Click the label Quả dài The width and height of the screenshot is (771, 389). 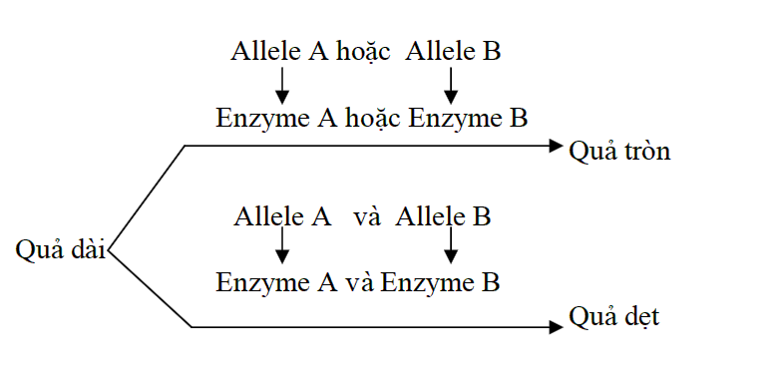61,249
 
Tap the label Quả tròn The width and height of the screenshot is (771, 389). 619,152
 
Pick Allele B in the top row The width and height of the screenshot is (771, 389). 453,52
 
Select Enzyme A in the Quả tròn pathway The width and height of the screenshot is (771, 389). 275,119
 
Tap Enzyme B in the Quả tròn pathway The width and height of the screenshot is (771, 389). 468,119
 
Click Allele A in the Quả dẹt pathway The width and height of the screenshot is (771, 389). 283,216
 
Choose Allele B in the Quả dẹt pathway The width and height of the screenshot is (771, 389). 443,216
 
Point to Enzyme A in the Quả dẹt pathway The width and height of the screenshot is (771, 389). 275,282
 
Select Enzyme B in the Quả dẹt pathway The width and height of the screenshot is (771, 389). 440,282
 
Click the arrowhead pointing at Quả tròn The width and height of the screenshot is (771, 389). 557,147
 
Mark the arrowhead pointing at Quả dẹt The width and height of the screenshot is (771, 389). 557,326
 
